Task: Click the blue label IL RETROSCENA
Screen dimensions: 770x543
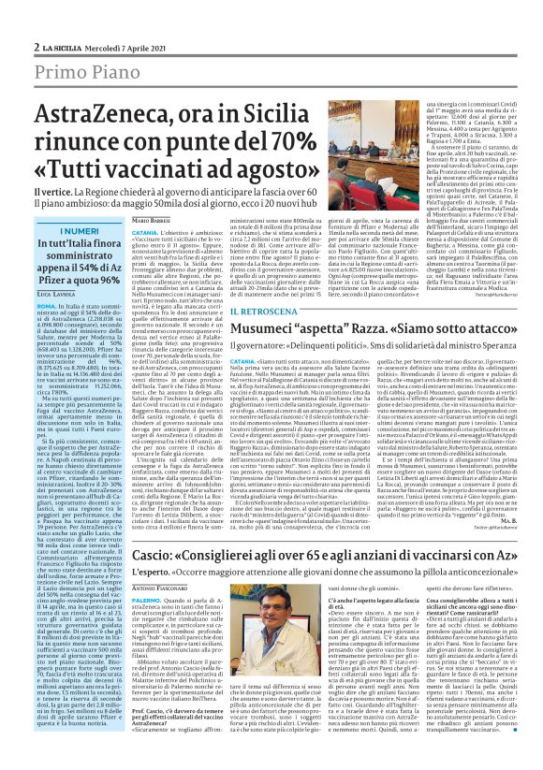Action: tap(245, 310)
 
